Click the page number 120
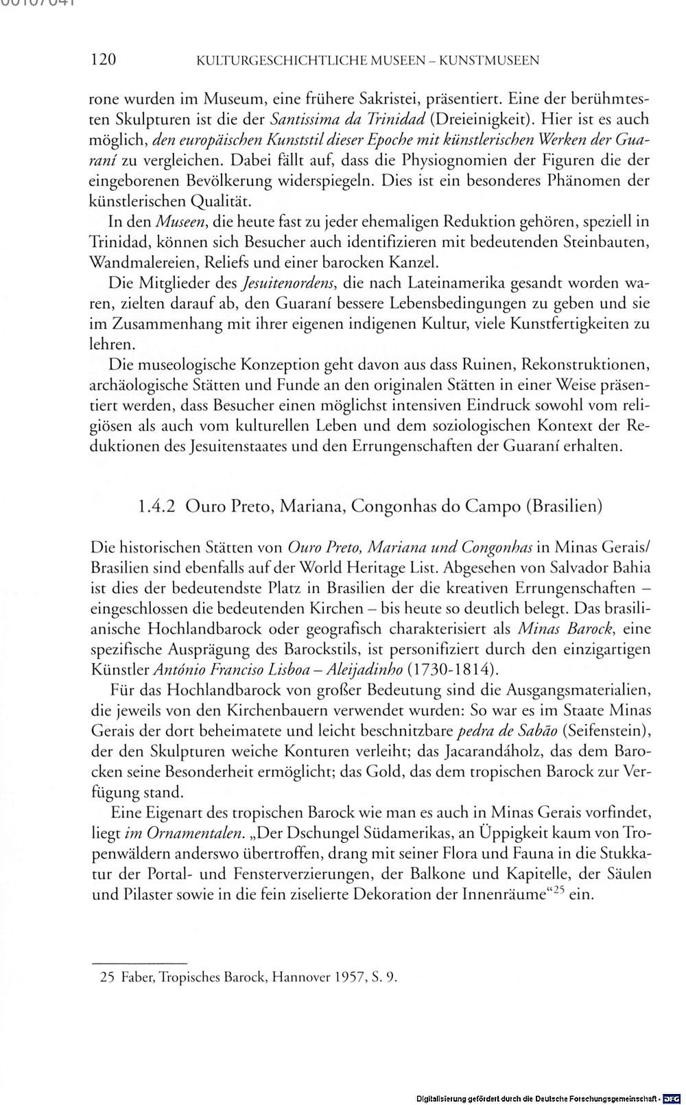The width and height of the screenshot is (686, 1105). point(103,60)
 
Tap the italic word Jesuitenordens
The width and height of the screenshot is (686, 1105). point(281,283)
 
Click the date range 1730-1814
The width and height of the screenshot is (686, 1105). point(452,669)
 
